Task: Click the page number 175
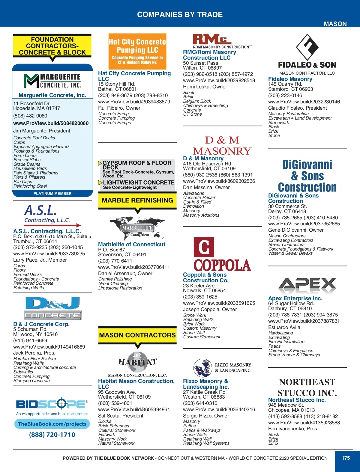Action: [x=346, y=458]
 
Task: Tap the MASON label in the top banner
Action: [x=335, y=24]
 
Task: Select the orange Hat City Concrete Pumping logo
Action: [x=137, y=51]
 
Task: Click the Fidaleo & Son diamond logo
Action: [x=307, y=47]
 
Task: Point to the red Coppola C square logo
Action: [x=204, y=247]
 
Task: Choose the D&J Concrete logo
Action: [x=52, y=308]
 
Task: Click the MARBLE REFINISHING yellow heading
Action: [x=137, y=200]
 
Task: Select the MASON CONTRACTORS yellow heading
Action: [x=137, y=335]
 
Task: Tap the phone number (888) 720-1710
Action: [x=52, y=435]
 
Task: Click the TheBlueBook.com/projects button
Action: [x=52, y=424]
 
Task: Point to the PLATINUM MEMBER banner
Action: [x=52, y=194]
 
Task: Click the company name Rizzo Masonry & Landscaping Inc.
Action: [x=206, y=384]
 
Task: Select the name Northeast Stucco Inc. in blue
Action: [x=297, y=400]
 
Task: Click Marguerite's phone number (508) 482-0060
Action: [x=30, y=116]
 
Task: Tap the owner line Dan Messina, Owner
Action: [x=206, y=187]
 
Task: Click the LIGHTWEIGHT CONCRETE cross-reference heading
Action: [x=139, y=183]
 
